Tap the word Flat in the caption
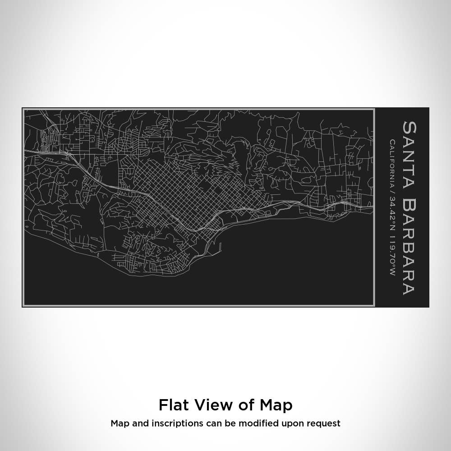[x=173, y=405]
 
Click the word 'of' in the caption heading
[x=246, y=405]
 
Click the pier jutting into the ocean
[x=220, y=247]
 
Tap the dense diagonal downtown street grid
[x=180, y=189]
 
